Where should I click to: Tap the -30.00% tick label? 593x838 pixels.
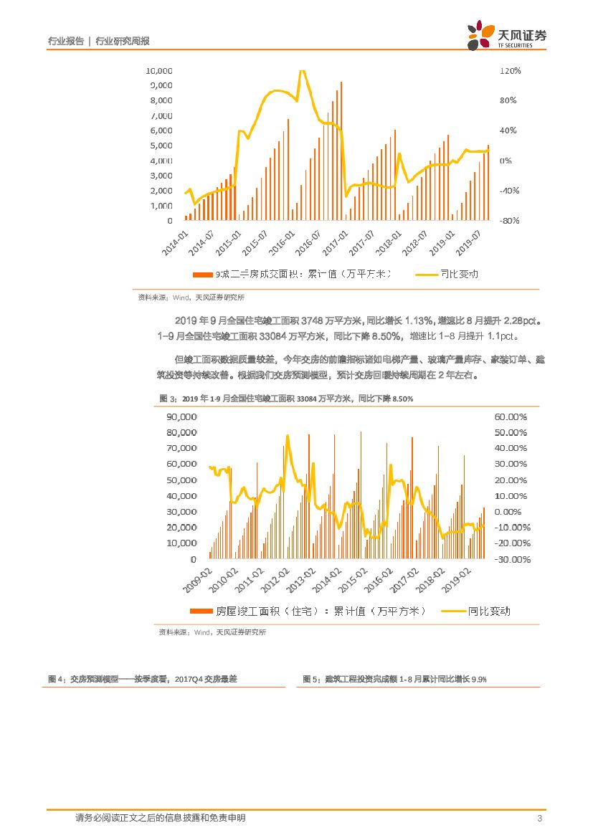[510, 559]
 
